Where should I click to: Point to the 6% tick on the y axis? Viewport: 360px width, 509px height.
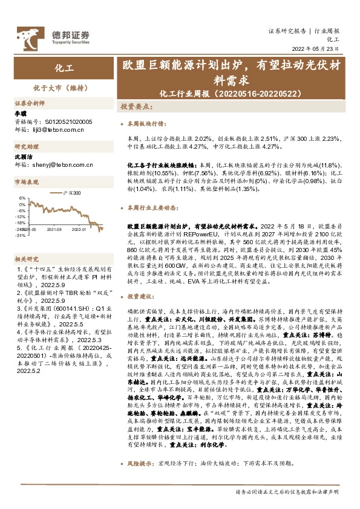tap(22, 198)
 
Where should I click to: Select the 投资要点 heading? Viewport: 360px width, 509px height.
tap(135, 106)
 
